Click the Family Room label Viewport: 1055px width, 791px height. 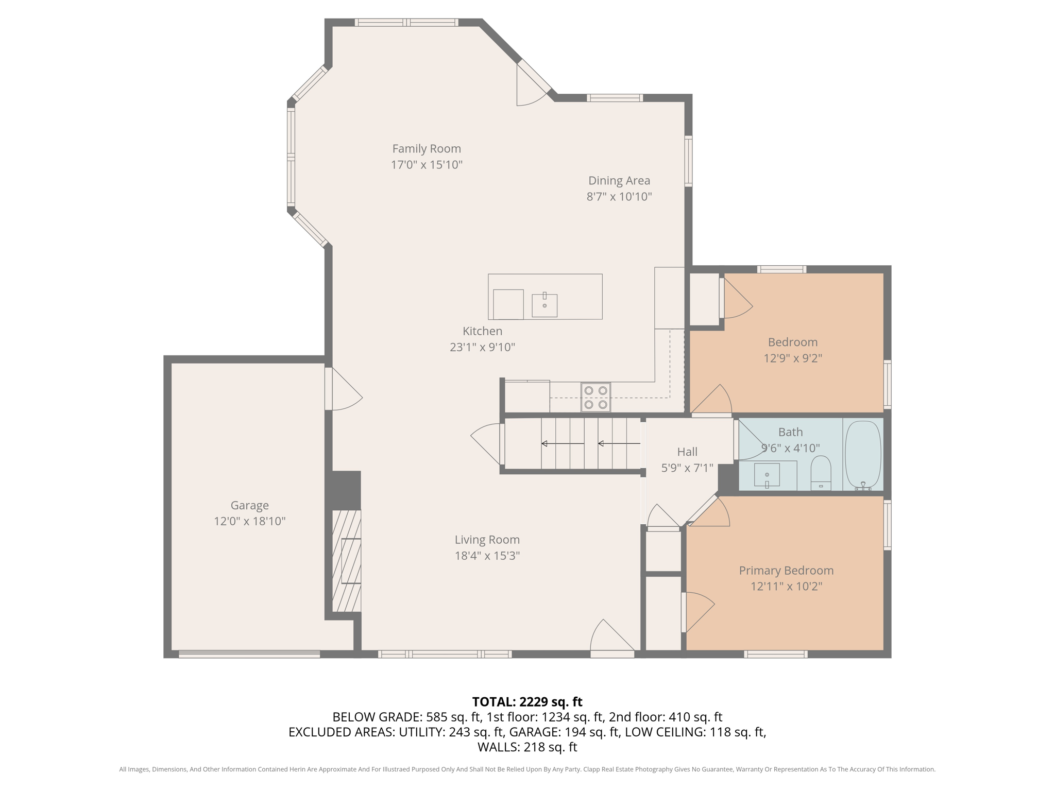point(426,149)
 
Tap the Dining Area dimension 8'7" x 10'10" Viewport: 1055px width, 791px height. point(619,197)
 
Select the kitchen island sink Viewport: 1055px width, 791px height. point(544,305)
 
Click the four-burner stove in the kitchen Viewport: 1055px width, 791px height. point(595,397)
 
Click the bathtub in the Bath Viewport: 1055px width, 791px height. point(863,454)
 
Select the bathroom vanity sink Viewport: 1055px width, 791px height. point(767,475)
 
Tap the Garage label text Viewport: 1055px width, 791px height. point(249,505)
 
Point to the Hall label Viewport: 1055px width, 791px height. point(687,452)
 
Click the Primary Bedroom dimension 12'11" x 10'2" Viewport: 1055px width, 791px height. point(786,587)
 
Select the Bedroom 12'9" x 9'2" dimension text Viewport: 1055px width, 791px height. point(792,358)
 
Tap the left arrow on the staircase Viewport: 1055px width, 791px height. point(562,443)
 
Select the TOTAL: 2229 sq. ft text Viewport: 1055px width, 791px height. point(527,702)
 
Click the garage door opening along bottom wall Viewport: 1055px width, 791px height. point(249,654)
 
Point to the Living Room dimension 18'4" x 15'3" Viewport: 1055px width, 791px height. point(487,556)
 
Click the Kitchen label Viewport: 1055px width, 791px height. point(482,331)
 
